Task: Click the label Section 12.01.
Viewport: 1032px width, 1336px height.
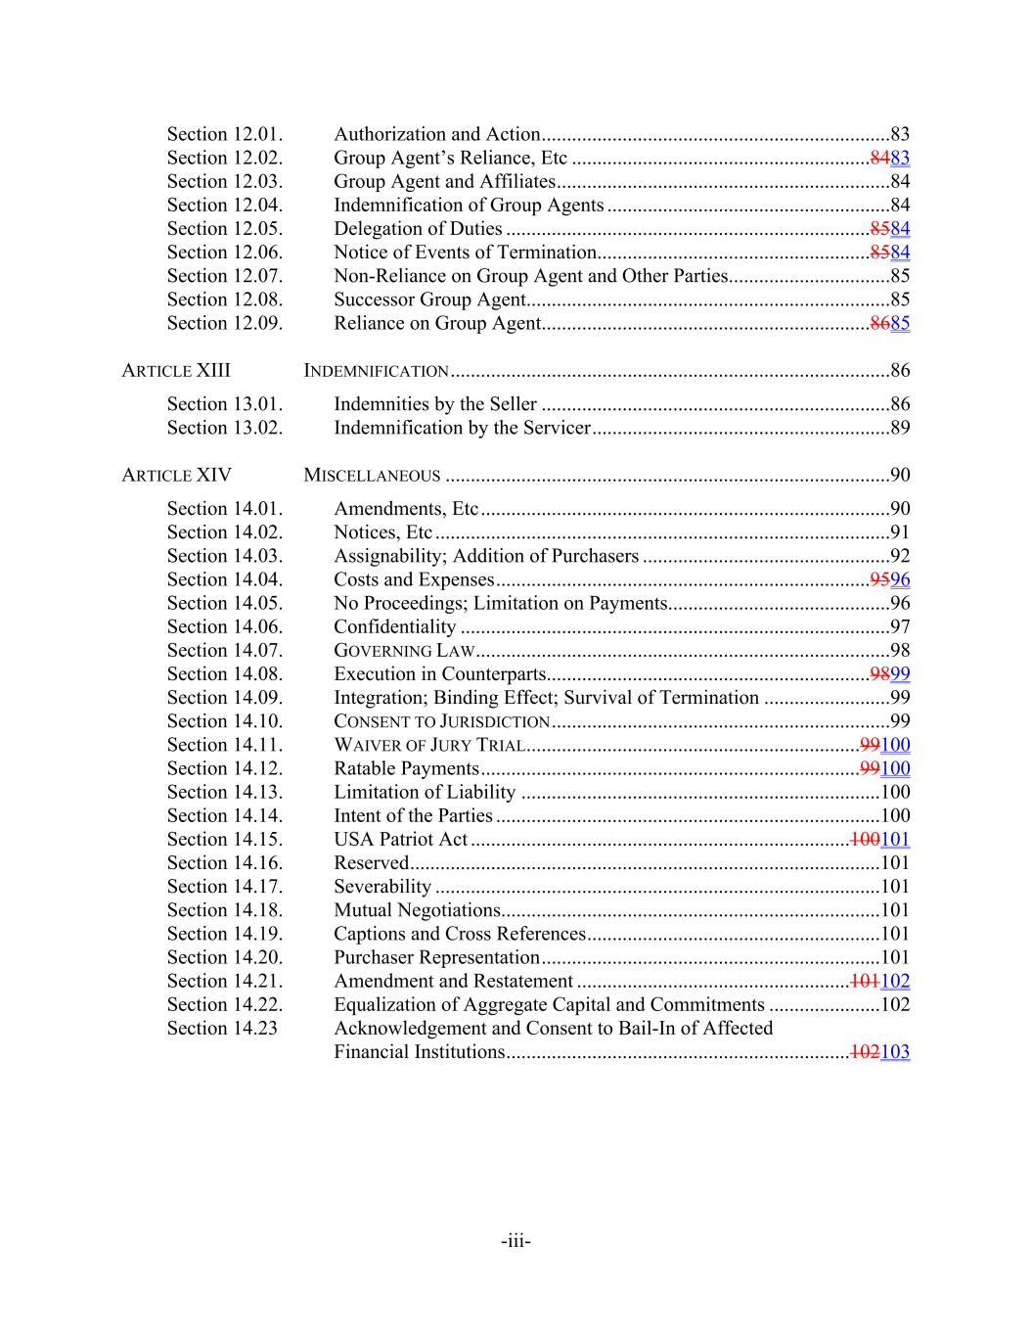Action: (x=224, y=134)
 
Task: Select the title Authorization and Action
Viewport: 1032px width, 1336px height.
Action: (x=436, y=134)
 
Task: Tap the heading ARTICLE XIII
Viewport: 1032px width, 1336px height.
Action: (x=176, y=370)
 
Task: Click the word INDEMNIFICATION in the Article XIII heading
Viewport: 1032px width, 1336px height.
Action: (x=377, y=371)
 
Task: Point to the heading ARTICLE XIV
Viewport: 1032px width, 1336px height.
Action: (x=176, y=475)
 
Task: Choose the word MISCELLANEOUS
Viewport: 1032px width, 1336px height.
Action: (x=372, y=476)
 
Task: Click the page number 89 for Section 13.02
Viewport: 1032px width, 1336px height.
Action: (x=900, y=428)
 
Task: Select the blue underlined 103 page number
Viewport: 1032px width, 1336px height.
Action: (x=895, y=1052)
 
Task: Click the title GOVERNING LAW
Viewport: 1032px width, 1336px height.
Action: (x=404, y=651)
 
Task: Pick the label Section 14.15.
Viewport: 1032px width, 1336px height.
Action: (x=224, y=839)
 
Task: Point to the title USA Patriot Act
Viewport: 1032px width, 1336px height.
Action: (x=400, y=839)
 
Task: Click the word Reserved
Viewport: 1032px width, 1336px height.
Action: (x=371, y=862)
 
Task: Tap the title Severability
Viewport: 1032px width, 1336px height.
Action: (x=382, y=886)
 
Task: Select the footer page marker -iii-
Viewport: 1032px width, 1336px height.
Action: (x=516, y=1241)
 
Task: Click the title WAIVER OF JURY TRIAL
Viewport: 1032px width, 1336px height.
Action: (x=429, y=745)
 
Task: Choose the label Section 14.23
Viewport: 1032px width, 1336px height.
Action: (x=222, y=1028)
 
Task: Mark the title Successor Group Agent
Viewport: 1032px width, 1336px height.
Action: (x=429, y=299)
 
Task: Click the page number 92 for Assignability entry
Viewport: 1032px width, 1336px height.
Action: (x=900, y=556)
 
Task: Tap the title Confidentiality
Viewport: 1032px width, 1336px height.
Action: (x=394, y=626)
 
